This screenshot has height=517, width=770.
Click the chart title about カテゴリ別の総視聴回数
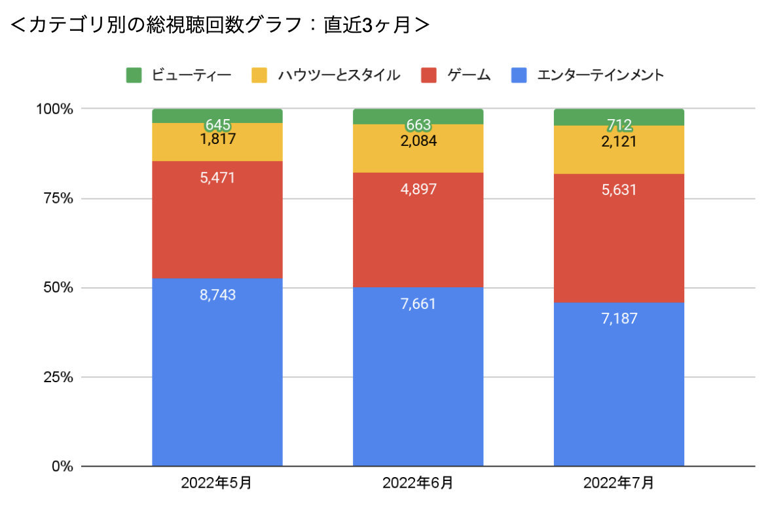point(220,25)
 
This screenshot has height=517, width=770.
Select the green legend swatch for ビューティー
point(134,75)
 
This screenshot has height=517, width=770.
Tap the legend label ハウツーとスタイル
point(339,75)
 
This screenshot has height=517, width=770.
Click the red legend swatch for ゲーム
point(429,75)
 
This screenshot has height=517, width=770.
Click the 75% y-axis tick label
point(58,198)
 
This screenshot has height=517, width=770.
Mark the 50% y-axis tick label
point(58,288)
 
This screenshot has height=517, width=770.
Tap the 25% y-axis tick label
point(58,378)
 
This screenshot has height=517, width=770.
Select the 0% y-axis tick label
point(62,467)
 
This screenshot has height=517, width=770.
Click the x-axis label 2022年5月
point(217,484)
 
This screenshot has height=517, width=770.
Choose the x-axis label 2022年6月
point(418,484)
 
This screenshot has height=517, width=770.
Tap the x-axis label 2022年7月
point(619,484)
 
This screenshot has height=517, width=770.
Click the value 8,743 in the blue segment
point(217,295)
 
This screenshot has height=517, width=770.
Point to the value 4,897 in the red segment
point(418,190)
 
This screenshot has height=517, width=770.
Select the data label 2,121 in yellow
point(619,141)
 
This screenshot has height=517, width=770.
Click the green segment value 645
point(217,124)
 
